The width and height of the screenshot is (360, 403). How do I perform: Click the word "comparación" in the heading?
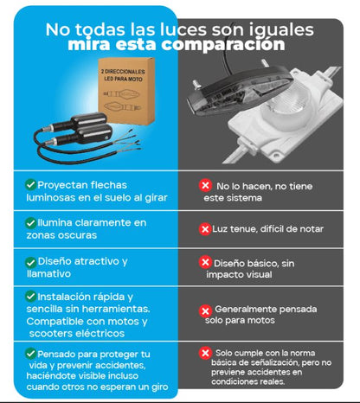tap(223, 45)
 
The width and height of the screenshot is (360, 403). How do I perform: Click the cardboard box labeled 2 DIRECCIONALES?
tap(126, 91)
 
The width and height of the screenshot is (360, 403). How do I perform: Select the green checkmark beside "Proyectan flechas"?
tap(30, 184)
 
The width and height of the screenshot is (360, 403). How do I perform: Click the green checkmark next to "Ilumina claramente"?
tap(30, 222)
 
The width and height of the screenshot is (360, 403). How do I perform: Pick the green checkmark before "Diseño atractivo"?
tap(30, 262)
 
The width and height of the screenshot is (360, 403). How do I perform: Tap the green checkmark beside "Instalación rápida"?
tap(30, 297)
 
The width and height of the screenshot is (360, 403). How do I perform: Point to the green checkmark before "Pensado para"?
tap(30, 354)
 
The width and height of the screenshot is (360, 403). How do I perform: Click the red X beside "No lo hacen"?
tap(205, 185)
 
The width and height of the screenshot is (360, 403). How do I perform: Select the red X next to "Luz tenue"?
tap(205, 229)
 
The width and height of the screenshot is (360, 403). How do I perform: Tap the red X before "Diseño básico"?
tap(205, 262)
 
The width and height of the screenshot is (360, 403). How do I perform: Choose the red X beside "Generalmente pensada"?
tap(205, 311)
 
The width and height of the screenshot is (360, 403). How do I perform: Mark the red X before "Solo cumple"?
tap(205, 353)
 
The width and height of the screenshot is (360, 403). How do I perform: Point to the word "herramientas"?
tap(116, 309)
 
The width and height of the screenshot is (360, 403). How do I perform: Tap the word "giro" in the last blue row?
tap(159, 387)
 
